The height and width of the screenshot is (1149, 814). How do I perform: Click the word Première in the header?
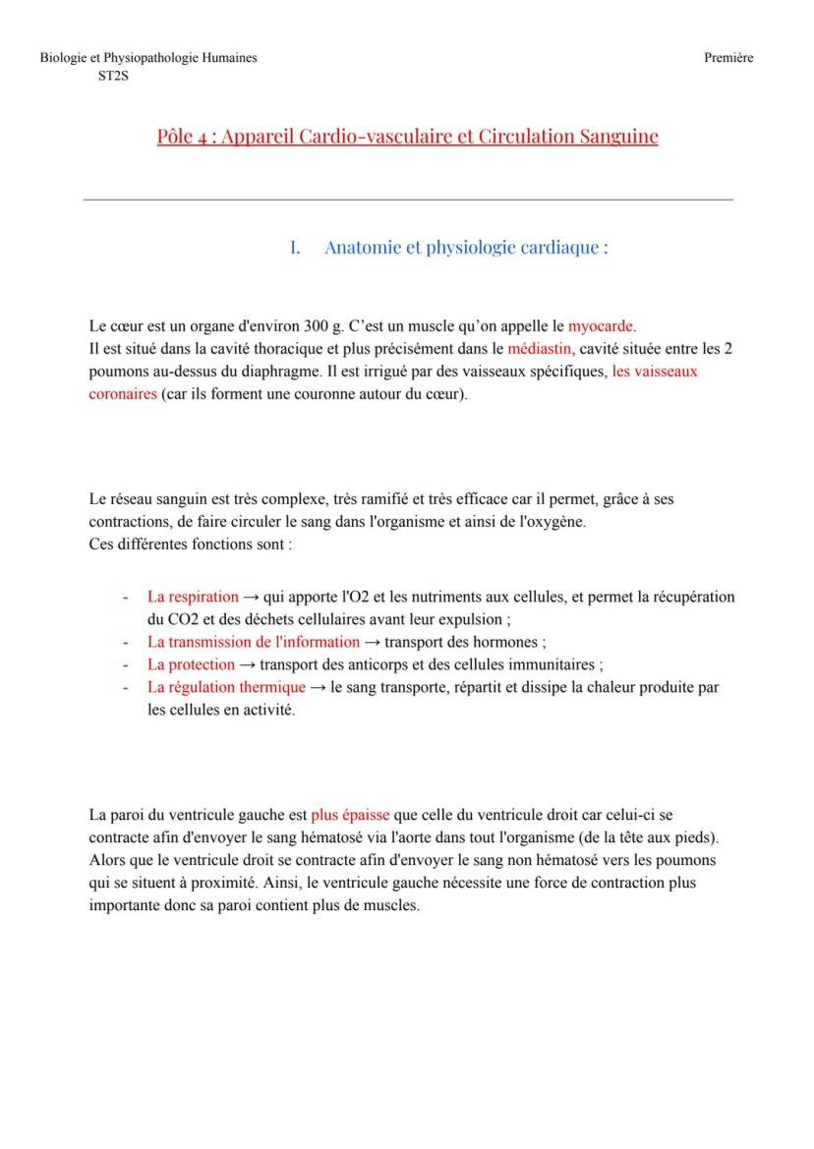tap(728, 58)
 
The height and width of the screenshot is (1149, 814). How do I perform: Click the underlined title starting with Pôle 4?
tap(407, 136)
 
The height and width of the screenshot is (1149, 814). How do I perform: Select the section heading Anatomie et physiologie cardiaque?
tap(466, 248)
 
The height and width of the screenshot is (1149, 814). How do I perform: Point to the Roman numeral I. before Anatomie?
tap(295, 248)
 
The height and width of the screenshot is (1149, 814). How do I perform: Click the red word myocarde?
tap(602, 325)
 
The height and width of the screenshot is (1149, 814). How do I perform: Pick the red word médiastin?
tap(540, 349)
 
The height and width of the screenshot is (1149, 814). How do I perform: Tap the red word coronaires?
tap(123, 394)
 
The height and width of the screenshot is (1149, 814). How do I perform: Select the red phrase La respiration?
tap(193, 597)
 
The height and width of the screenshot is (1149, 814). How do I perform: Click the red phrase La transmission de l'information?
tap(254, 643)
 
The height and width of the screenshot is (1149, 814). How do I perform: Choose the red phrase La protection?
tap(191, 664)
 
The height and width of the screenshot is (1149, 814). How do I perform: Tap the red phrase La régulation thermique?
tap(226, 688)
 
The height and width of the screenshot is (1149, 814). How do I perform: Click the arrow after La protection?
tap(247, 664)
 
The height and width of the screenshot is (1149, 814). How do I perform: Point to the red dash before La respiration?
tap(126, 597)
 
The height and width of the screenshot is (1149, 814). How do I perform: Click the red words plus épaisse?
tap(350, 815)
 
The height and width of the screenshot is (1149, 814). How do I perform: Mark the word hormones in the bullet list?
tap(503, 643)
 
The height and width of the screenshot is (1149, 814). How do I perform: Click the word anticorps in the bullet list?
tap(376, 664)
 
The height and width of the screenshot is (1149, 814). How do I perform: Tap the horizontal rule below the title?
tap(408, 200)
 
